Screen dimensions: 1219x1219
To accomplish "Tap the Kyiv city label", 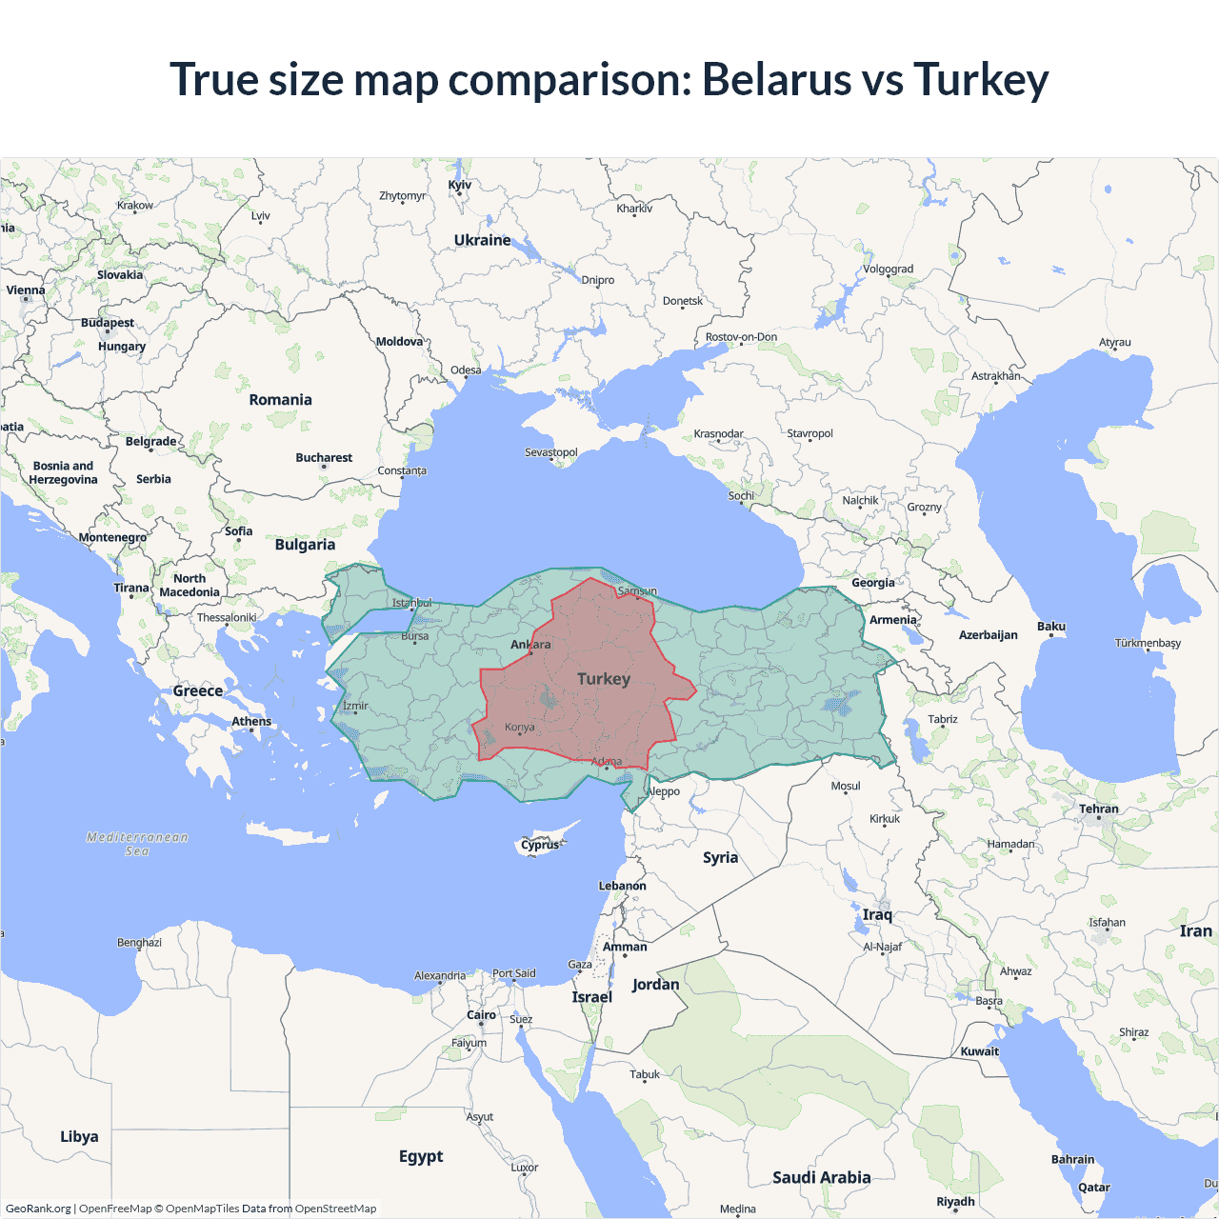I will [x=459, y=185].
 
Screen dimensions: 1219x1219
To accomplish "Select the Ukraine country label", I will [x=482, y=240].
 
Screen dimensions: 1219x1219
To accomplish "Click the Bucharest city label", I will [x=324, y=458].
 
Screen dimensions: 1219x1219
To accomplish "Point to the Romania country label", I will [x=280, y=400].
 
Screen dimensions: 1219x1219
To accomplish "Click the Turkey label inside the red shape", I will [x=604, y=679].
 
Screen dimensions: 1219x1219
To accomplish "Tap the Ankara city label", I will [x=530, y=645].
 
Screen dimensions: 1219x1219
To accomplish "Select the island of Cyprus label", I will [x=540, y=845].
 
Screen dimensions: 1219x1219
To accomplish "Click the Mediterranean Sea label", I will [x=137, y=844].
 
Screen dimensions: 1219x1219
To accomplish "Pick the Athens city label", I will [x=251, y=722].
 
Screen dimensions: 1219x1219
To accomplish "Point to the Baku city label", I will [x=1051, y=627].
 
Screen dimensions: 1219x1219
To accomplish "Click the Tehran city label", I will [x=1099, y=809].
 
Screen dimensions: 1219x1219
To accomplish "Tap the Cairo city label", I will [x=481, y=1015].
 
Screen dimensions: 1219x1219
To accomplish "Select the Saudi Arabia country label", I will [x=821, y=1178].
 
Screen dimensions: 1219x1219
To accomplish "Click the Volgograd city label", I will [x=888, y=270].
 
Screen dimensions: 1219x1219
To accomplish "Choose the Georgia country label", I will [x=873, y=583].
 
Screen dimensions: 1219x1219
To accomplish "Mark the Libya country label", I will [x=79, y=1137].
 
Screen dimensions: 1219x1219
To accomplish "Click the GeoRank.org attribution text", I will [x=38, y=1209].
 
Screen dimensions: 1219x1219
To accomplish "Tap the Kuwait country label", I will [x=980, y=1052].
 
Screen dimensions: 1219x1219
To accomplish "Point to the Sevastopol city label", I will [x=551, y=452].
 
